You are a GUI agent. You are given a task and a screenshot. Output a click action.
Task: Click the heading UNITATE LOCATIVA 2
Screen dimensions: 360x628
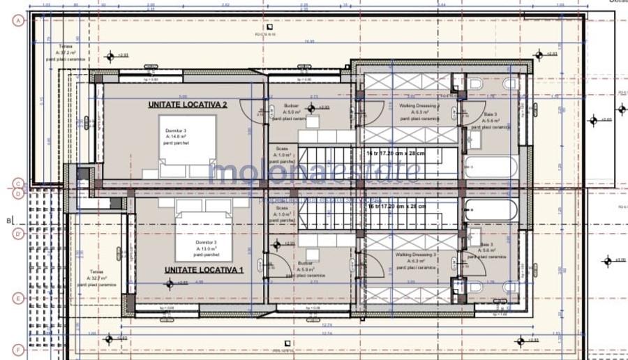pyautogui.click(x=187, y=105)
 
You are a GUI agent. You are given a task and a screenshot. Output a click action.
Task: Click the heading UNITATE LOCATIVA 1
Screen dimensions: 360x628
pyautogui.click(x=204, y=269)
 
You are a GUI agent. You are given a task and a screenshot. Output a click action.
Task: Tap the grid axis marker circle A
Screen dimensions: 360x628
pyautogui.click(x=18, y=21)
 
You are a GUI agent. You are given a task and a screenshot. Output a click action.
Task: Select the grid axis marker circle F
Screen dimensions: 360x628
pyautogui.click(x=18, y=349)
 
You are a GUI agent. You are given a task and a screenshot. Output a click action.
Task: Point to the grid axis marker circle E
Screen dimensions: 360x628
pyautogui.click(x=18, y=298)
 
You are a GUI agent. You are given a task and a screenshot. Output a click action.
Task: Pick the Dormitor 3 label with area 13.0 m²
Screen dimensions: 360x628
pyautogui.click(x=206, y=248)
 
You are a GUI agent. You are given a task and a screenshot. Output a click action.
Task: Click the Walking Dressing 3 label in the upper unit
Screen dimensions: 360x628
pyautogui.click(x=417, y=112)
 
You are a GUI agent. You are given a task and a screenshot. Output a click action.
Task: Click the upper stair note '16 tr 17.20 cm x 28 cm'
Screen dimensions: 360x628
pyautogui.click(x=396, y=151)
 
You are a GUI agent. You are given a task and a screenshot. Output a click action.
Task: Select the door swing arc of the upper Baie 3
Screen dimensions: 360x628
pyautogui.click(x=468, y=111)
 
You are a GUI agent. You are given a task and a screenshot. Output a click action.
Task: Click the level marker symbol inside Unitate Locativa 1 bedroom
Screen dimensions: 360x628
pyautogui.click(x=169, y=283)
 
